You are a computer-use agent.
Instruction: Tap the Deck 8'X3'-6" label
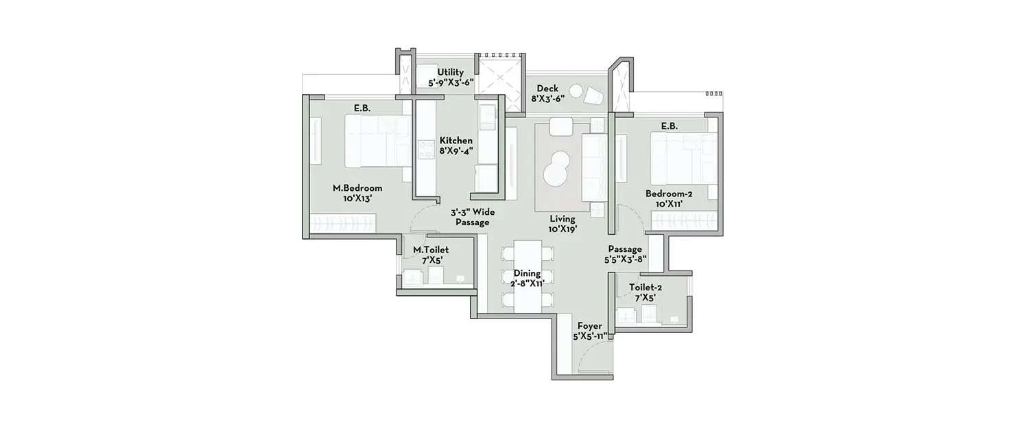coord(548,93)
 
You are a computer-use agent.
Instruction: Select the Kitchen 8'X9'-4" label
coord(456,146)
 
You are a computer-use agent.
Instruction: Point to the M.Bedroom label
coord(357,193)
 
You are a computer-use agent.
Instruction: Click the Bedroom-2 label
coord(669,199)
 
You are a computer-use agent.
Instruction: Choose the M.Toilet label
coord(430,255)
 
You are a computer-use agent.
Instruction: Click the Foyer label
coord(589,332)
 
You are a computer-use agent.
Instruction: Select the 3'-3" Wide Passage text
coord(472,218)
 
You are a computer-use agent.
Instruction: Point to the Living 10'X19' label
coord(562,224)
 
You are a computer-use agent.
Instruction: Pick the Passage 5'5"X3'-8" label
coord(626,254)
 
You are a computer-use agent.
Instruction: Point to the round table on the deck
coord(576,91)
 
